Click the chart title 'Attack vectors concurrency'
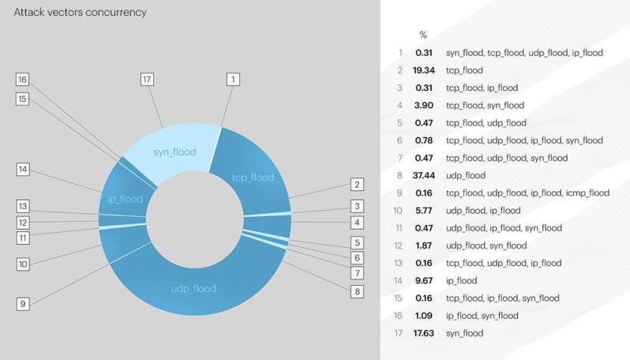(80, 13)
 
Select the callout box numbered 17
(147, 79)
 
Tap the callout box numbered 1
(232, 79)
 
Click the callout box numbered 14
(22, 169)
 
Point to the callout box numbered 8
(358, 291)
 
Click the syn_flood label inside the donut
(174, 152)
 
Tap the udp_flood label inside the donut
(193, 288)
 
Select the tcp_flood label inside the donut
(253, 177)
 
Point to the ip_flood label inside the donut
(125, 199)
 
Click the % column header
(423, 35)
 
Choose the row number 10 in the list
(399, 211)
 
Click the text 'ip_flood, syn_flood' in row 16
(482, 316)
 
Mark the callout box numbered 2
(358, 185)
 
